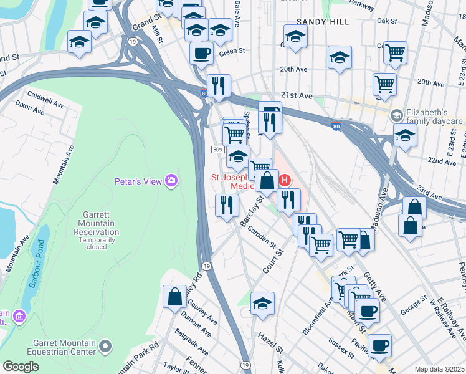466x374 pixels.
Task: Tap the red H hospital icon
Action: [285, 181]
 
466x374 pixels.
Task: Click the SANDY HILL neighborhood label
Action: [319, 22]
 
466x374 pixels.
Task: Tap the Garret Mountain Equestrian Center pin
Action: [107, 344]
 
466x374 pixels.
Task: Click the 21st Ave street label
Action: [296, 95]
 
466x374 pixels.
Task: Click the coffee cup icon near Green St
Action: [201, 53]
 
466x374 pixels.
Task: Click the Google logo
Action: [21, 367]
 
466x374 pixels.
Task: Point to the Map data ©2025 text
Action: [439, 369]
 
